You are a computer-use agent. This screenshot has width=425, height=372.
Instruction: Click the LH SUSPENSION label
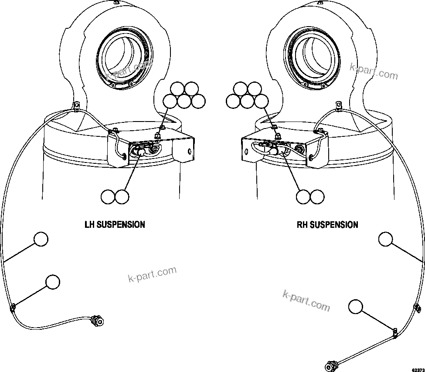pos(115,225)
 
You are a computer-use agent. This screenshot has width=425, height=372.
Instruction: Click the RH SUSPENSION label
pos(327,225)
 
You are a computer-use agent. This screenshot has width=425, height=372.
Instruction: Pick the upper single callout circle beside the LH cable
pos(41,239)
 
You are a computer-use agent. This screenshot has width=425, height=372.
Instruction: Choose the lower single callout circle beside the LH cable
pos(52,282)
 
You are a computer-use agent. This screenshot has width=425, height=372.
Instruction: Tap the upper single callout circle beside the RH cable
pos(385,240)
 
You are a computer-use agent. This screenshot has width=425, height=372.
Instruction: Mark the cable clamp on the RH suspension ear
pos(339,105)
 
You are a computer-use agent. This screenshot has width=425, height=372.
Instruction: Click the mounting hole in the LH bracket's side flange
pos(189,151)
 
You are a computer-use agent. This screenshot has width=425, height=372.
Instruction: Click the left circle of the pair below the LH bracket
pos(108,197)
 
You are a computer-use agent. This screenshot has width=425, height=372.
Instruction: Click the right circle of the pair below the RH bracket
pos(317,197)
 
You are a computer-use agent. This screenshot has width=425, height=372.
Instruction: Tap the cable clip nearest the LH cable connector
pos(12,308)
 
